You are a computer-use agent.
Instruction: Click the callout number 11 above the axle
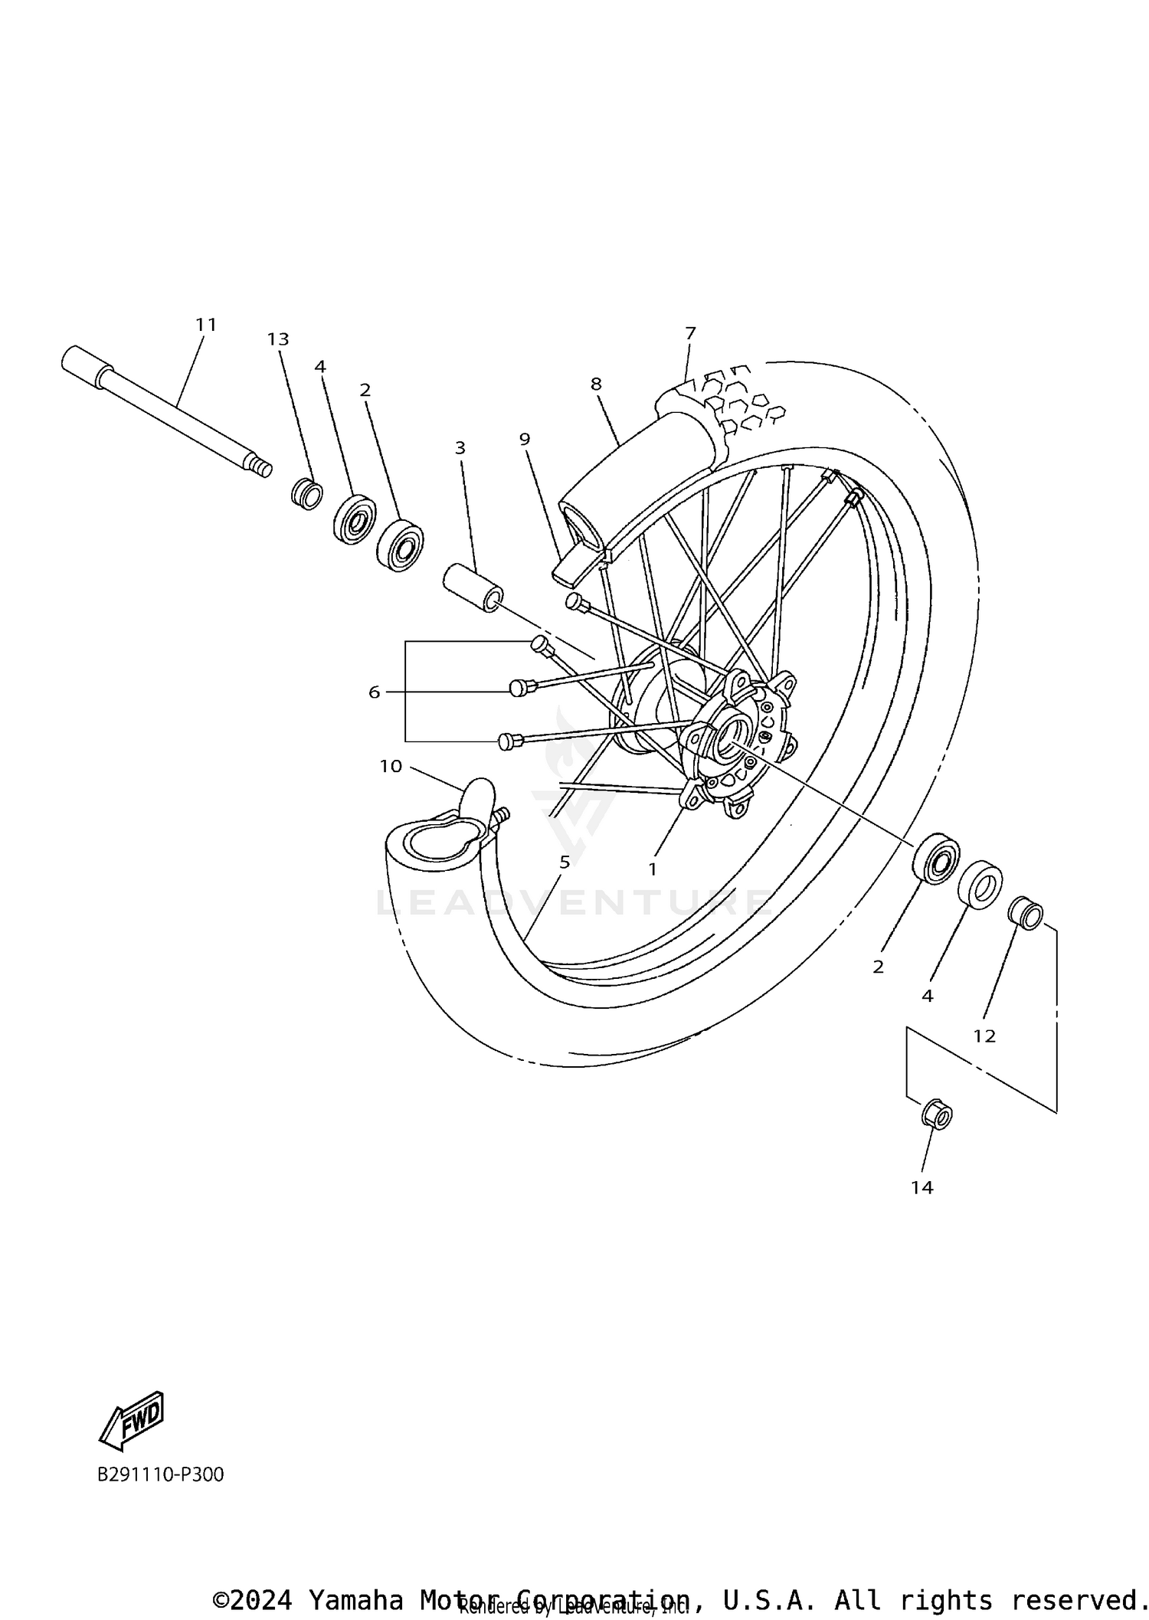pos(206,325)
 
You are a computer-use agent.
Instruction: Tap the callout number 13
pos(278,339)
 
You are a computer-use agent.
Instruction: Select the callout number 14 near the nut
pos(922,1187)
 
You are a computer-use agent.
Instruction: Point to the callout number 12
pos(984,1036)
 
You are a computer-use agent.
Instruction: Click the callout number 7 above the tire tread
pos(690,333)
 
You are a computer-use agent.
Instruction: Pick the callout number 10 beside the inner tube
pos(391,766)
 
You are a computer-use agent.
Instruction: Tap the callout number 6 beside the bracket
pos(374,692)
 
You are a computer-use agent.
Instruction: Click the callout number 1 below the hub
pos(653,869)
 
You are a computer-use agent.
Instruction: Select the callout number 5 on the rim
pos(565,862)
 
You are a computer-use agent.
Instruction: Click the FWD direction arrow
pos(132,1421)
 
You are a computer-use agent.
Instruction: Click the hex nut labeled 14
pos(936,1114)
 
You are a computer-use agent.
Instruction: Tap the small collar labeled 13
pos(307,493)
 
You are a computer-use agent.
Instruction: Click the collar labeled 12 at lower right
pos(1025,913)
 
